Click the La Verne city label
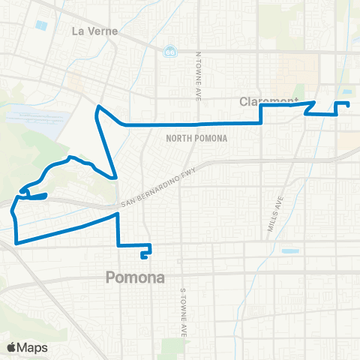pyautogui.click(x=91, y=31)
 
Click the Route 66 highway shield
pyautogui.click(x=172, y=51)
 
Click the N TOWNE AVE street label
pyautogui.click(x=199, y=70)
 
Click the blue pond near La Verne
pyautogui.click(x=40, y=25)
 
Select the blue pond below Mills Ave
pyautogui.click(x=289, y=251)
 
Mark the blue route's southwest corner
pyautogui.click(x=16, y=242)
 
